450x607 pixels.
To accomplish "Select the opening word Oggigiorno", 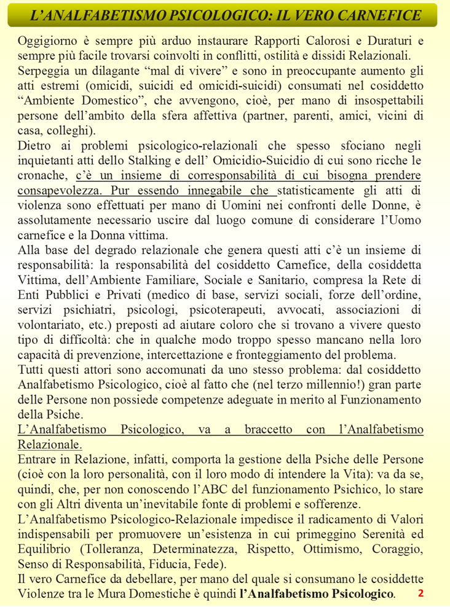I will (x=52, y=42).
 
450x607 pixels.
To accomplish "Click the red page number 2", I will (x=420, y=593).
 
